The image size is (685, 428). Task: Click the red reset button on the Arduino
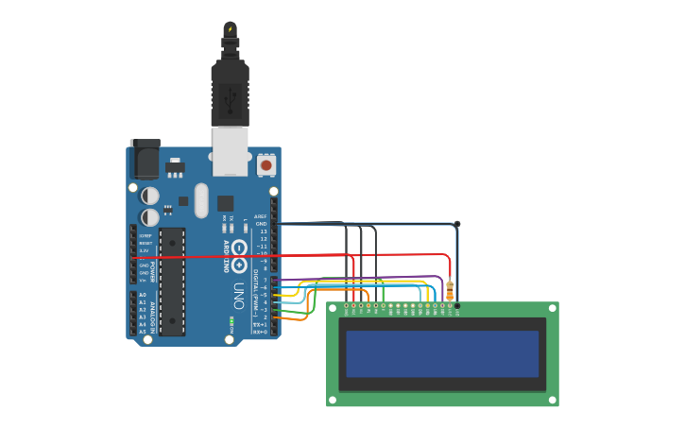point(265,164)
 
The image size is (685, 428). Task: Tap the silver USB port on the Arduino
point(230,151)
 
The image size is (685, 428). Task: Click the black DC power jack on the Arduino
point(145,159)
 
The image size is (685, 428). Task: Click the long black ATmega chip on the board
point(172,282)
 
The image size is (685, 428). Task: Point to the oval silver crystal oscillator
point(201,200)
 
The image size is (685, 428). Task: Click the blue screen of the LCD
point(442,353)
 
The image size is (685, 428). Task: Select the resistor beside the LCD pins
point(450,290)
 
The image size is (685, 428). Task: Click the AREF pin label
point(261,216)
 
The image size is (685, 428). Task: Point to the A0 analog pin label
point(143,295)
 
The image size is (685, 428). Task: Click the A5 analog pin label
point(143,332)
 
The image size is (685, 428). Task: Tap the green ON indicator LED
point(231,321)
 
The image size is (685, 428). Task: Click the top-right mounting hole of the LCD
point(552,309)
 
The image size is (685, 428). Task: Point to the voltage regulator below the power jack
point(175,168)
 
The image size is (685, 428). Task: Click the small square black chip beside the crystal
point(225,203)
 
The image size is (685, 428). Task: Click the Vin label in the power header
point(144,280)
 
